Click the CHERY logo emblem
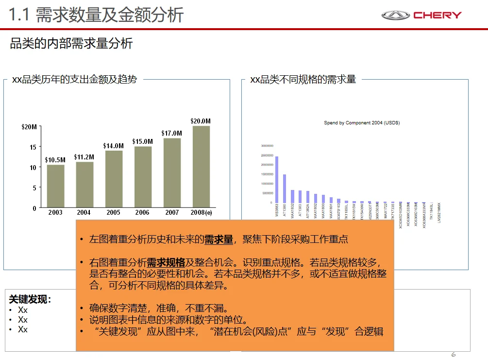395,15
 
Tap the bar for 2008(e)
201,167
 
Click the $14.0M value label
113,146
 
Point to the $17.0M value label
172,133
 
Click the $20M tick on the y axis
29,127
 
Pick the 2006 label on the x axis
142,213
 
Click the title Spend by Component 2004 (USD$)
362,123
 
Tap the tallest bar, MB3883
277,179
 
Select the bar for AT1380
285,189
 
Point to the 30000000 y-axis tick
267,146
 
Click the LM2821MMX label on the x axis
438,213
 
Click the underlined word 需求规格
166,262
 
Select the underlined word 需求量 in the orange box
219,239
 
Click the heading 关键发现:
30,299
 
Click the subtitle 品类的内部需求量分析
71,44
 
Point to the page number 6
454,354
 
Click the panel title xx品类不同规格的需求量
303,80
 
